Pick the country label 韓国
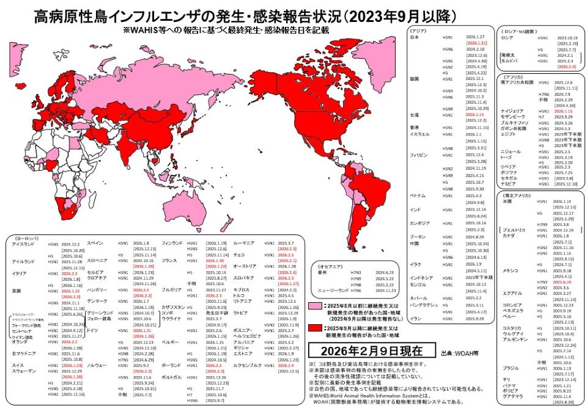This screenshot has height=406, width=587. [414, 79]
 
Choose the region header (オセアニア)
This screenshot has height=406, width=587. [328, 267]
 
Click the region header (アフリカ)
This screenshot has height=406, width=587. [514, 76]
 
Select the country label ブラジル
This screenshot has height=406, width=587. [509, 368]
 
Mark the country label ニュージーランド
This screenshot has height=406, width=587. [333, 291]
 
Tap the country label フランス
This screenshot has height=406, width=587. [169, 260]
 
